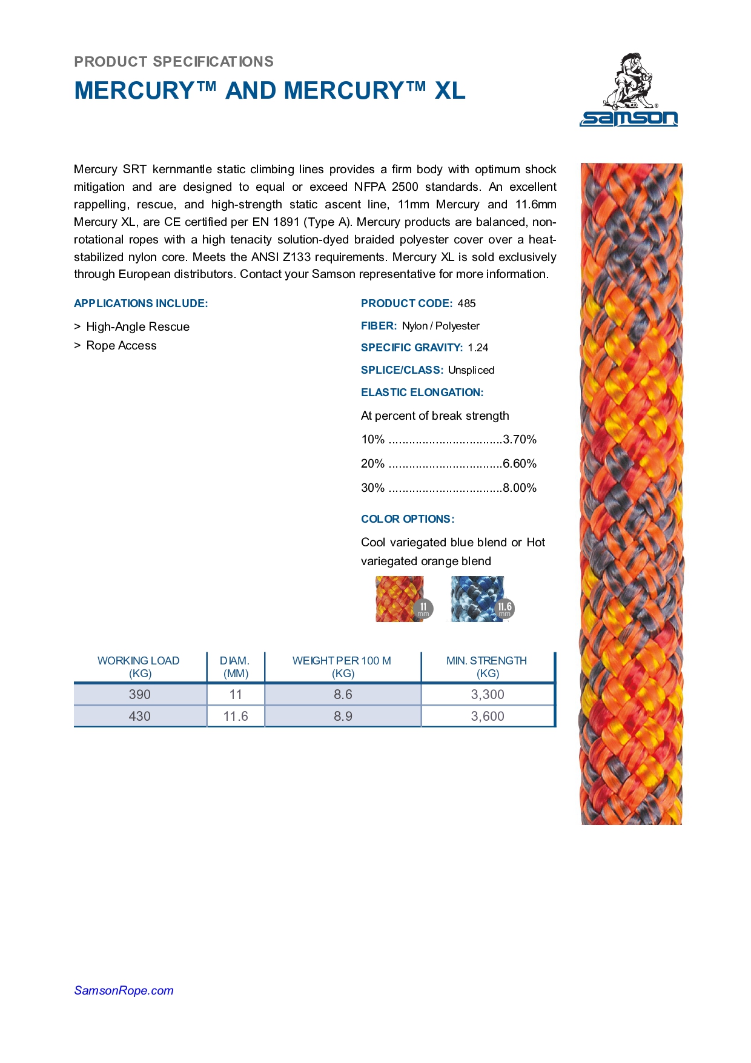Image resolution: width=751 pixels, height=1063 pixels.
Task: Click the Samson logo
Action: point(629,90)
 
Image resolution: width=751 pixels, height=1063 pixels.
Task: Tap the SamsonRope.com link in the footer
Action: point(124,990)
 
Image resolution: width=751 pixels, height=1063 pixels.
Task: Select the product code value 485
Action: point(466,303)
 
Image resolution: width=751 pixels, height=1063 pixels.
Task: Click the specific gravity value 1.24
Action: point(478,348)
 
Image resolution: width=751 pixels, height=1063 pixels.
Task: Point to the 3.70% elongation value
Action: point(520,440)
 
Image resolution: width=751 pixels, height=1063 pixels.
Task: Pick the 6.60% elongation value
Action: point(520,464)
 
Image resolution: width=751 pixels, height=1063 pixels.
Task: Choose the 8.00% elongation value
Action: point(520,488)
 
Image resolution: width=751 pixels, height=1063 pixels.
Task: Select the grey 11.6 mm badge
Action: point(505,608)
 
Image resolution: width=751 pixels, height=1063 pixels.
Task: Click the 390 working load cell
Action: point(139,695)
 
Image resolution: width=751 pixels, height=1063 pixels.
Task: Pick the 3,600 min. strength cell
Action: point(488,717)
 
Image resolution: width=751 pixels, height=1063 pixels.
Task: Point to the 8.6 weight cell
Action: point(343,695)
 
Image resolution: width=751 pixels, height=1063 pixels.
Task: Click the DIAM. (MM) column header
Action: point(235,667)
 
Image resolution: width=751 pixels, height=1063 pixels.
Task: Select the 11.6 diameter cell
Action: point(236,717)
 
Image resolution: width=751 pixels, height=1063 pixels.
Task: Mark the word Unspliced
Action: point(471,370)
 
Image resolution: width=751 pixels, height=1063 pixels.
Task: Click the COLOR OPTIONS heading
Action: point(408,519)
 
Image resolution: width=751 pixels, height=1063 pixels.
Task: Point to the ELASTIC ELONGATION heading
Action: point(422,392)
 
